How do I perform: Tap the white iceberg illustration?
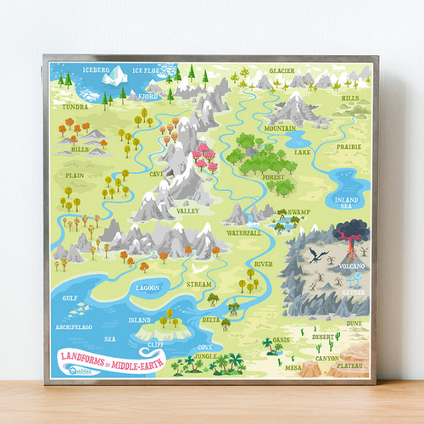coord(112,78)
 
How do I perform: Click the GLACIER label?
coord(282,70)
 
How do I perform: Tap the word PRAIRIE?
coord(349,146)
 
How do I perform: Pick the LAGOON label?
coord(146,288)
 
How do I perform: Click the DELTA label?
coord(212,320)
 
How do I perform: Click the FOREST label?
coord(274,177)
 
